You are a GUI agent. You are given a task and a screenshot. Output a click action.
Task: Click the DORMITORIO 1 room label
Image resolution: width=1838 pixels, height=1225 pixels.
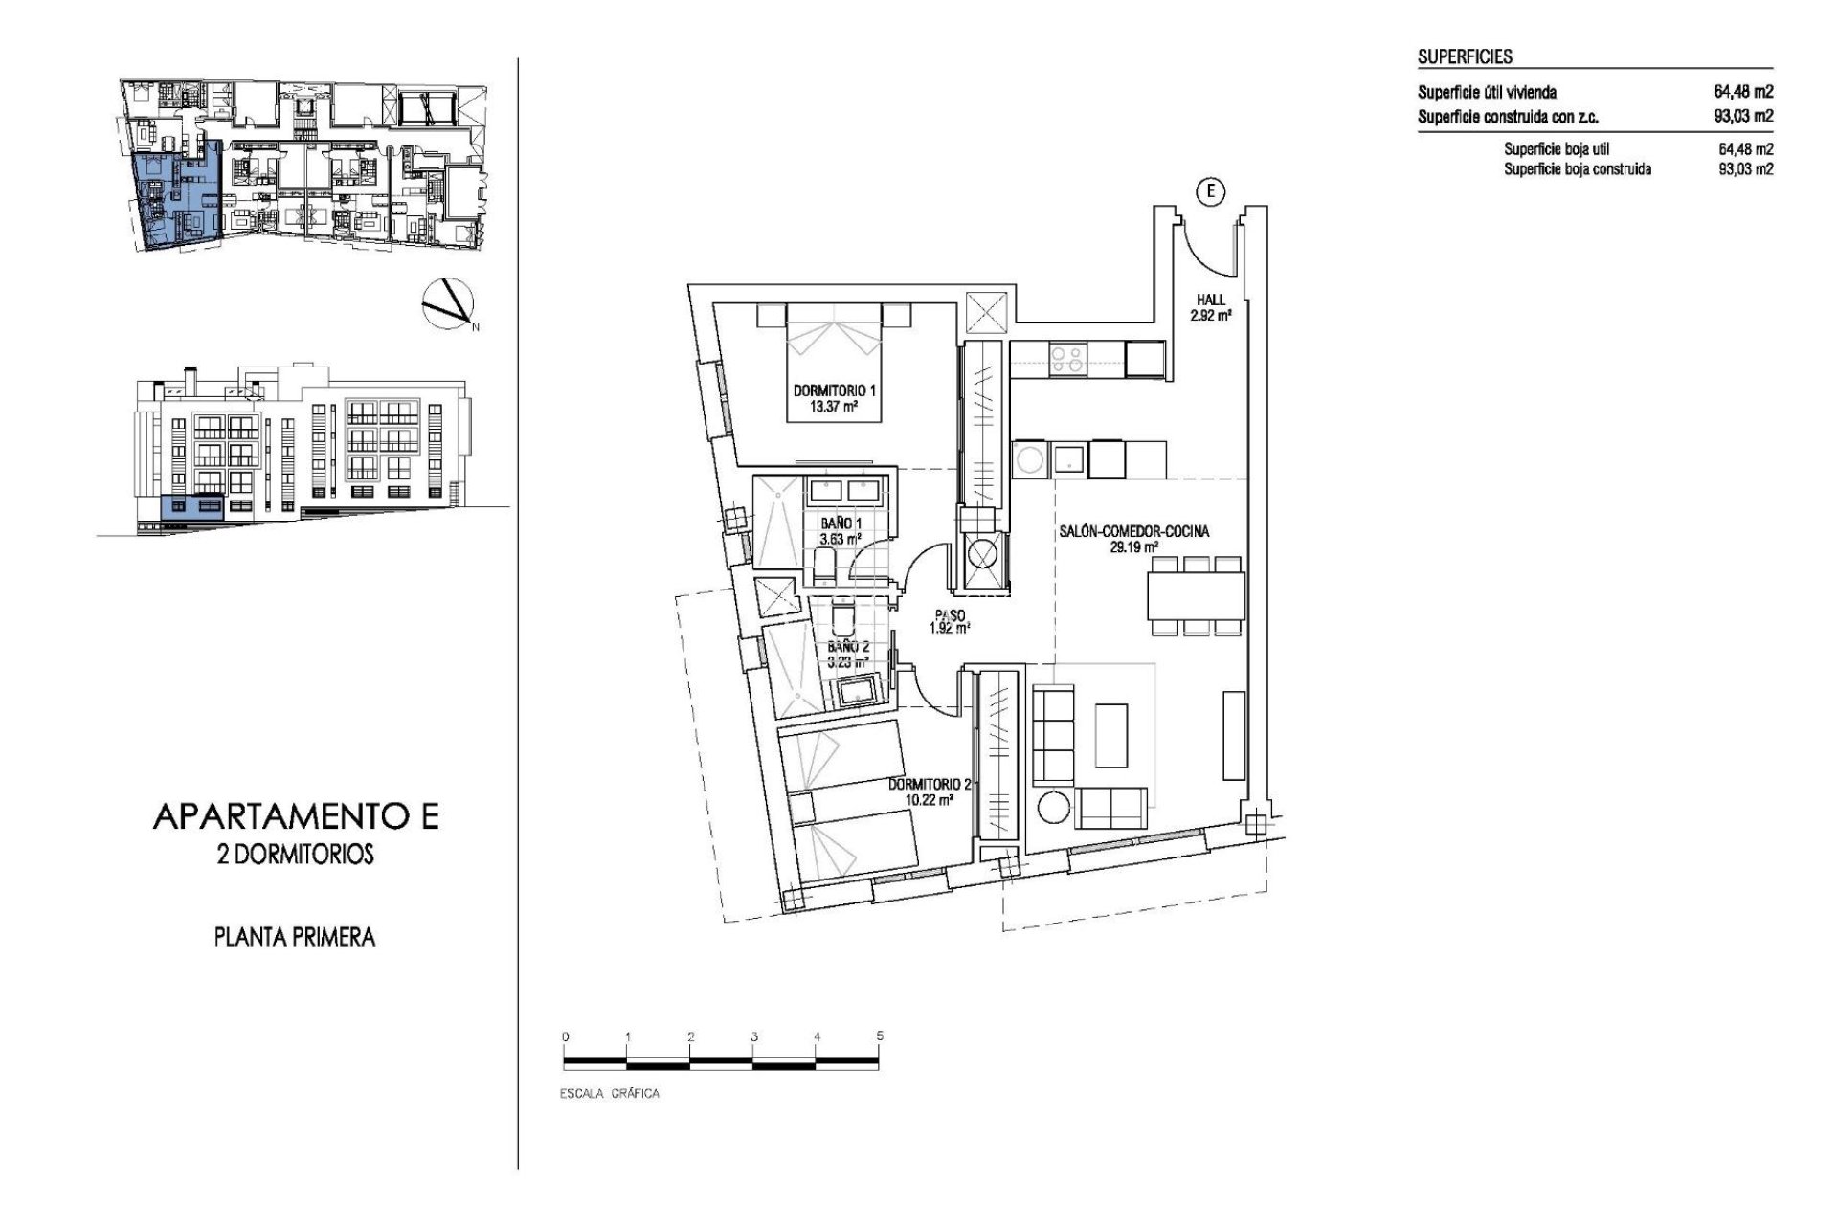835,390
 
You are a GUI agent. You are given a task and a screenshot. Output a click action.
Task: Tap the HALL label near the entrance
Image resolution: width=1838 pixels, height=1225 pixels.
1210,300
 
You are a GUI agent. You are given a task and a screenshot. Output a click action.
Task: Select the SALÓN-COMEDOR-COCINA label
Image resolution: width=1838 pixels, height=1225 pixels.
1133,532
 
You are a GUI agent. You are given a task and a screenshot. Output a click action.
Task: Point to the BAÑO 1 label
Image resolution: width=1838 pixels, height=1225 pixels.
841,523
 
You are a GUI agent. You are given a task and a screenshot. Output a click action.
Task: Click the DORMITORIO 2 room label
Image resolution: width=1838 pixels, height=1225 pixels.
929,784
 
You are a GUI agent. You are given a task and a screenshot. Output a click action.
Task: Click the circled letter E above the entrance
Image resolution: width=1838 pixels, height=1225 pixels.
1211,192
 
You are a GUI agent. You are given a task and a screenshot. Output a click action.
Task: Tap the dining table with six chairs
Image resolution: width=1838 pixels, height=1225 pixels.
1197,595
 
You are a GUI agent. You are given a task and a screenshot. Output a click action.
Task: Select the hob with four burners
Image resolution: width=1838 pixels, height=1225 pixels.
1066,359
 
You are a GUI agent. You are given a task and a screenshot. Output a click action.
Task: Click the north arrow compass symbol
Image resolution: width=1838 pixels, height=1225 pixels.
447,303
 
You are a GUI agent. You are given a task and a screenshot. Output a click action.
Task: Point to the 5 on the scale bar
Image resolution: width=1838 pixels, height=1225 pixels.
879,1036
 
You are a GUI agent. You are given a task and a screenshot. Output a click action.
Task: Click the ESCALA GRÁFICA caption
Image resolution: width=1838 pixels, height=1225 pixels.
610,1093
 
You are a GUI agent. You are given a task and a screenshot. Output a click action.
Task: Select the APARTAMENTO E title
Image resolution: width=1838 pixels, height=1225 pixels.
295,816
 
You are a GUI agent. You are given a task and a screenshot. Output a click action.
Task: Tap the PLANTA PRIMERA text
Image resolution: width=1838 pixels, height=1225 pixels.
294,937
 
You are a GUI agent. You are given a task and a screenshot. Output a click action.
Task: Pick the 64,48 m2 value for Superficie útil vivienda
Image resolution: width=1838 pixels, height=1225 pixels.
1743,93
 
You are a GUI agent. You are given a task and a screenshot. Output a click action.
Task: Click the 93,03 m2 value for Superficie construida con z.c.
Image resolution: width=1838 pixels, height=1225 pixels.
1743,117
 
